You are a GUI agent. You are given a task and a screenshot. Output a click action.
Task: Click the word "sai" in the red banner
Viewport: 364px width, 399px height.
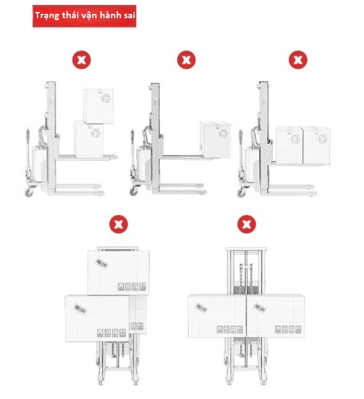130,15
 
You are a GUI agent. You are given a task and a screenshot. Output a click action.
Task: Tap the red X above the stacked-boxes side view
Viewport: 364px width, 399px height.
81,60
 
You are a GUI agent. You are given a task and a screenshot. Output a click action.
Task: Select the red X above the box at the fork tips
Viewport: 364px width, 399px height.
186,60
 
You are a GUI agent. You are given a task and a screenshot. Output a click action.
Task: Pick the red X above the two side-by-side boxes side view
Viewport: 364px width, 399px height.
298,60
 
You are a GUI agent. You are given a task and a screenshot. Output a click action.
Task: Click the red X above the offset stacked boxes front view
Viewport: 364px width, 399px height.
118,224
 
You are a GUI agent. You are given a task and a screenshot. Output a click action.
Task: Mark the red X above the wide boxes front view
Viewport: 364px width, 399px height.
246,224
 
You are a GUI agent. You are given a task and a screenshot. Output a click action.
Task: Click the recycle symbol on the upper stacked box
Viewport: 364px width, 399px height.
105,98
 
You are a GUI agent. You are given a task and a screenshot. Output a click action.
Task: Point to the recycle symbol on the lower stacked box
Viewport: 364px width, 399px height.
96,133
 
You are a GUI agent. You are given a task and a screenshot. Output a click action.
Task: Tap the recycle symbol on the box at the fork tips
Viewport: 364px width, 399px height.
223,133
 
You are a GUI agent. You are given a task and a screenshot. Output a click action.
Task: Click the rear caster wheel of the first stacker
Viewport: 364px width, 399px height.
29,192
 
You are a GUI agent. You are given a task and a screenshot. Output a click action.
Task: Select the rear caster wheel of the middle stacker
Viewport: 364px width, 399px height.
133,191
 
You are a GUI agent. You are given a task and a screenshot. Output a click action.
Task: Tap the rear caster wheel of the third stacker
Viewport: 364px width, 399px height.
241,193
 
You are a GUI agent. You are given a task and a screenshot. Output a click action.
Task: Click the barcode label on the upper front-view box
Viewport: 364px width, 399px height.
101,263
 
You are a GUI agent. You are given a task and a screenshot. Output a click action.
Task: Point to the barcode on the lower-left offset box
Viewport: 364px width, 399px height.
80,309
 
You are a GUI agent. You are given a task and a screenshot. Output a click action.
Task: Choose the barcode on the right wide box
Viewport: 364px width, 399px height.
260,308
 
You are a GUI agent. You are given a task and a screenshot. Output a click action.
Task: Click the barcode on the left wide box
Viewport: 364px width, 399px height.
201,308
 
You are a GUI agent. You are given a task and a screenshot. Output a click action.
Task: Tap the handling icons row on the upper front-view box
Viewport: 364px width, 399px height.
132,287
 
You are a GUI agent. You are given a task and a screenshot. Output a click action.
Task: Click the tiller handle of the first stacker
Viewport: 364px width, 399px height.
28,151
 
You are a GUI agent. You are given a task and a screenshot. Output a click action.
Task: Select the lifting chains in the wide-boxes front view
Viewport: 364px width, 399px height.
246,279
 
